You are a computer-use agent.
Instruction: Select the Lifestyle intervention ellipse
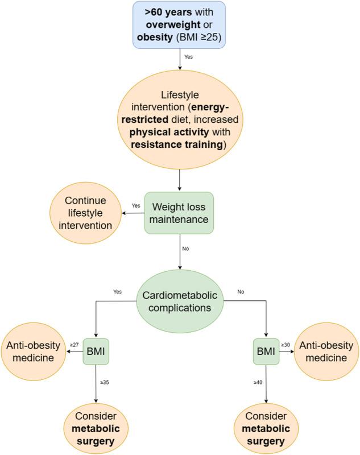click(x=180, y=121)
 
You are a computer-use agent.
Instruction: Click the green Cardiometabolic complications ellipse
click(x=180, y=302)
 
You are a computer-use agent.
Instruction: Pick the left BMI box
click(x=96, y=351)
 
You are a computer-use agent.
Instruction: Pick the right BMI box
click(x=265, y=351)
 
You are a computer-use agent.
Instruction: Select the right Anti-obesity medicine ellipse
click(x=326, y=351)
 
